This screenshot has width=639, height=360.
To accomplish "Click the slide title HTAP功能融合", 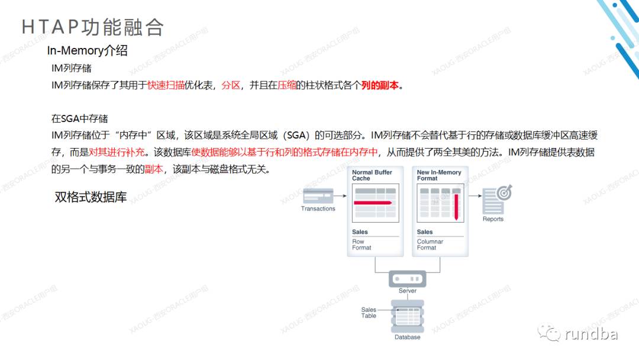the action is click(92, 27).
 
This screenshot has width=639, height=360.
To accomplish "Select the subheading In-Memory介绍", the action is click(87, 51).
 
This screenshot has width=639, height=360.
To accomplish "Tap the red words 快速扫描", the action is click(166, 85).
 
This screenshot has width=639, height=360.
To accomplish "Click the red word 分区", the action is click(231, 85).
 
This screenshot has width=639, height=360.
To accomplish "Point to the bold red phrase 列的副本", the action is click(380, 85).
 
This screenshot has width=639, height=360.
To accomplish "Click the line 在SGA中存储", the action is click(79, 119).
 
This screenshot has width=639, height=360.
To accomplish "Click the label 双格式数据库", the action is click(91, 197).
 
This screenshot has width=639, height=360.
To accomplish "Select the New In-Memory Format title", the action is click(438, 175).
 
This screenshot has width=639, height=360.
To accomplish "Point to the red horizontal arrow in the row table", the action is click(373, 202).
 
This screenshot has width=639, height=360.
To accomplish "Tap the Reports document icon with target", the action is click(496, 200).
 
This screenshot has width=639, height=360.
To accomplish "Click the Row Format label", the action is click(362, 245).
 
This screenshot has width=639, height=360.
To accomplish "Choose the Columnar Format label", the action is click(430, 245).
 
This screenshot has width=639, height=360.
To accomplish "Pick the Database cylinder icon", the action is click(408, 316).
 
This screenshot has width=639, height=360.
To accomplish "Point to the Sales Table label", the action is click(369, 313).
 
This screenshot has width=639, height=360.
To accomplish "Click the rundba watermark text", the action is click(591, 335).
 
